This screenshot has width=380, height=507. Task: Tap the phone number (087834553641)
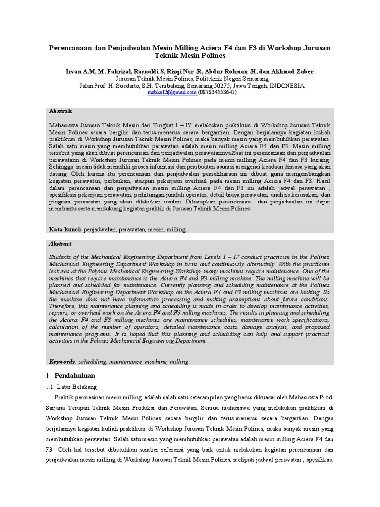coord(217,92)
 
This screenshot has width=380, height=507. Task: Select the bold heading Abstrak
coord(60,111)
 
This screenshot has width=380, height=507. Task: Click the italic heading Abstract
coord(60,244)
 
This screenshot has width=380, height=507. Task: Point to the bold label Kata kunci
coord(65,230)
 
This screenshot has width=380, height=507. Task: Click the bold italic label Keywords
coord(62,362)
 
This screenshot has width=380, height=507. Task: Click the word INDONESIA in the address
coord(287,85)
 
